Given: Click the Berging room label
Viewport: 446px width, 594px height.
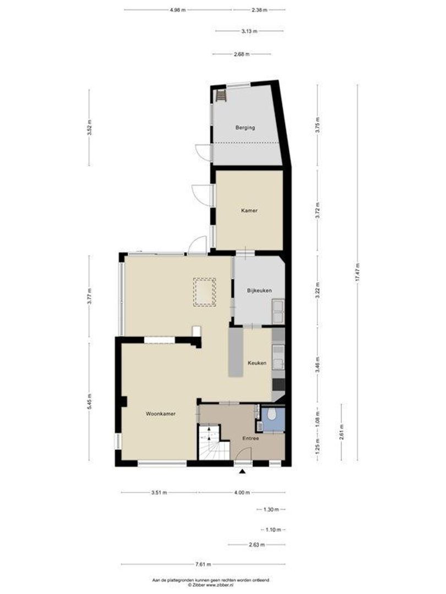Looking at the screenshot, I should click(245, 128).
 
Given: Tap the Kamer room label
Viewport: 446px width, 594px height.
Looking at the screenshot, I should click(249, 210).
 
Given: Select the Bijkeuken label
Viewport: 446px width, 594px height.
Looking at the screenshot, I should click(259, 290).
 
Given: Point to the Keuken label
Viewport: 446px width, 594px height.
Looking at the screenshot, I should click(257, 363).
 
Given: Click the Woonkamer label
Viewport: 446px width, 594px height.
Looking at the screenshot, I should click(161, 413).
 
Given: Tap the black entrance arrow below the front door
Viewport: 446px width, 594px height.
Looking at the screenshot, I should click(242, 471).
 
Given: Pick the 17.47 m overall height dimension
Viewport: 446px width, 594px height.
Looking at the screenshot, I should click(357, 271).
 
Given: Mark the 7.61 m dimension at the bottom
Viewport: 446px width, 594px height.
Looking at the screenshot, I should click(203, 564).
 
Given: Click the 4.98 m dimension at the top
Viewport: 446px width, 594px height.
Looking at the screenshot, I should click(178, 10).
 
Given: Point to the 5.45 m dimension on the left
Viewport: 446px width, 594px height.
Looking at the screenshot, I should click(90, 401).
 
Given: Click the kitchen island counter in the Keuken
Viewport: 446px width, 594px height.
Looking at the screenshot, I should click(236, 352).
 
